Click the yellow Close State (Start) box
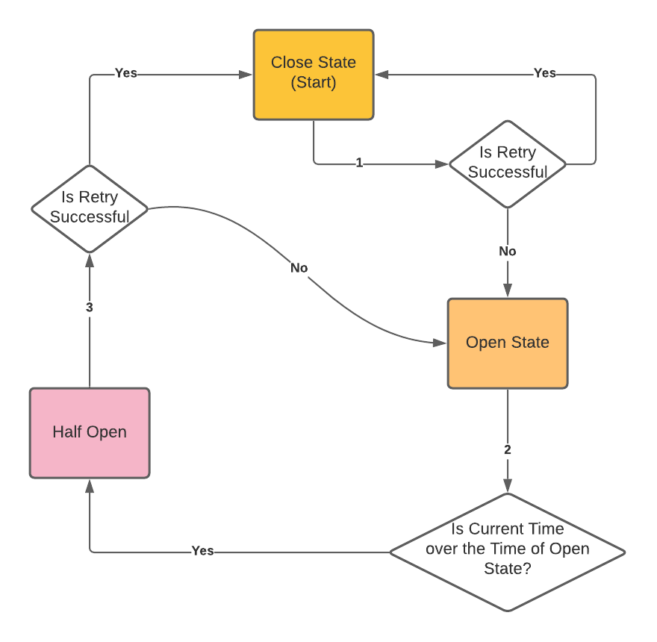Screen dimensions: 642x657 314,75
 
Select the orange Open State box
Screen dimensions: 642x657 508,343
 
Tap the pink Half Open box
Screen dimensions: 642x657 90,433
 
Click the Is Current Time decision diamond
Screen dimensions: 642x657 508,552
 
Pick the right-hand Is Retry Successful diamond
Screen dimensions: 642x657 508,163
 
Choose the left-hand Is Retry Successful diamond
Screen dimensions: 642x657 90,208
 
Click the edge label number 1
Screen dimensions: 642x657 359,163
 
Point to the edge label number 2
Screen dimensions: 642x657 508,450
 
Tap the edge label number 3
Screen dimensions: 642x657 90,308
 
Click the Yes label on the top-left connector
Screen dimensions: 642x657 125,74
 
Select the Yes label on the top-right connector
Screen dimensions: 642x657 545,73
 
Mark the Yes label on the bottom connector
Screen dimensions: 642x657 202,551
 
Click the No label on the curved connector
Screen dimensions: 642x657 299,267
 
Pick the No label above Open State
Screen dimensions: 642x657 508,252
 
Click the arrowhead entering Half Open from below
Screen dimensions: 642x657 90,485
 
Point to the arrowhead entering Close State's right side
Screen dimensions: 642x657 381,75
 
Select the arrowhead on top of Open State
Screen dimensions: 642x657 508,292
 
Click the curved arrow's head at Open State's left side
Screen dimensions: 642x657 440,343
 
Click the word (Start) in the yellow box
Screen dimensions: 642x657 314,83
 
